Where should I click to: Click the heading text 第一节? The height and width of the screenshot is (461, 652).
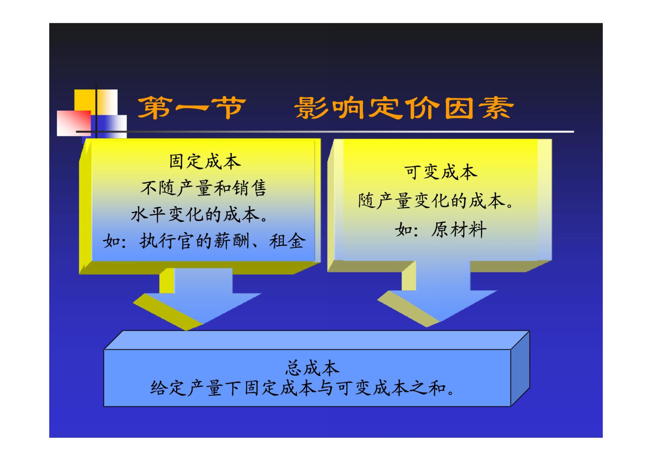pyautogui.click(x=192, y=108)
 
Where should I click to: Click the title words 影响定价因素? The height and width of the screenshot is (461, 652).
pyautogui.click(x=404, y=108)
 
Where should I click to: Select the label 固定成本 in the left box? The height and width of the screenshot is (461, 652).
pyautogui.click(x=205, y=161)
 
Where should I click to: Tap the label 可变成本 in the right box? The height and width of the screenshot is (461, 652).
pyautogui.click(x=440, y=172)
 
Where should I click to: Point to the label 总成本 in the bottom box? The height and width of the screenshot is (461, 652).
pyautogui.click(x=312, y=368)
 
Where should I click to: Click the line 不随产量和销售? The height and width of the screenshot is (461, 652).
pyautogui.click(x=203, y=188)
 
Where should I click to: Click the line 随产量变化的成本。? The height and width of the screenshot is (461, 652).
pyautogui.click(x=436, y=201)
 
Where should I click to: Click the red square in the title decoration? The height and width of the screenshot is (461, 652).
pyautogui.click(x=74, y=123)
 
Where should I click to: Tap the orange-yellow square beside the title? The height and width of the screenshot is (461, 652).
pyautogui.click(x=96, y=102)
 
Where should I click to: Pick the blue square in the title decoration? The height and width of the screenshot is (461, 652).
pyautogui.click(x=109, y=127)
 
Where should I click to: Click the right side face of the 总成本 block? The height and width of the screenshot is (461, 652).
pyautogui.click(x=520, y=368)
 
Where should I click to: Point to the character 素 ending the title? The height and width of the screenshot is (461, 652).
pyautogui.click(x=496, y=108)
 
